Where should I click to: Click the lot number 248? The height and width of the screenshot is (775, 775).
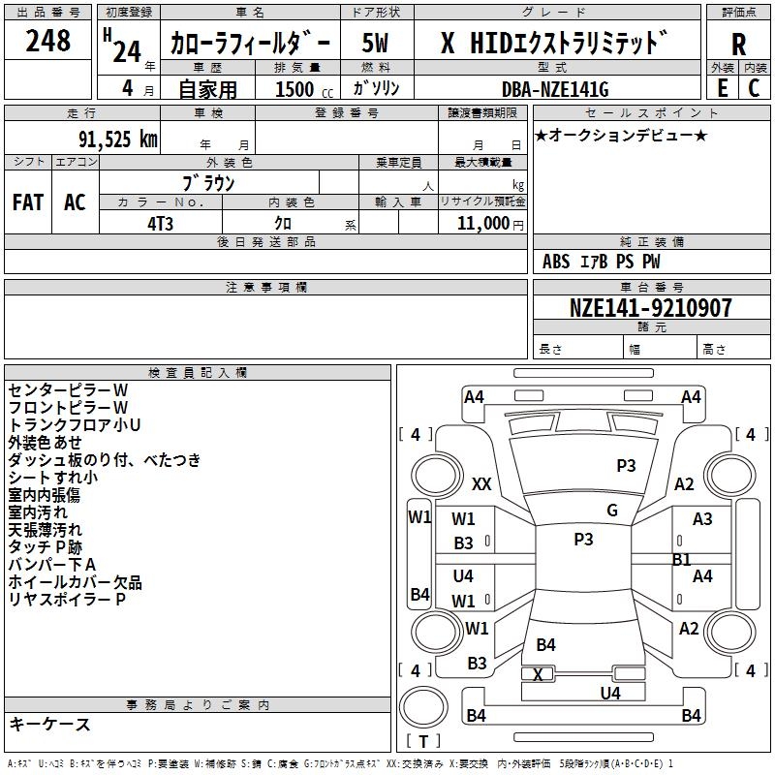47,41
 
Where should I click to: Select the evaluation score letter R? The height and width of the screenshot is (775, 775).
738,45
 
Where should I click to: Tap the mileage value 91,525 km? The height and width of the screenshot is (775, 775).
118,139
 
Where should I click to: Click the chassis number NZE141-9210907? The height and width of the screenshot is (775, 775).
650,307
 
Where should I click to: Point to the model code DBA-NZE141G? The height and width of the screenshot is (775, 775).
555,89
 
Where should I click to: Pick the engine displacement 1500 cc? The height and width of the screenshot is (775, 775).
304,89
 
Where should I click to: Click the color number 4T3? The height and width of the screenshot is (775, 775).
160,224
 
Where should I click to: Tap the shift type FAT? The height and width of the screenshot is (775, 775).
28,202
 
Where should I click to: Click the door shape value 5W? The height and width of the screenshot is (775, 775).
375,43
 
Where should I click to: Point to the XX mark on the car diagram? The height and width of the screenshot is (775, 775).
481,483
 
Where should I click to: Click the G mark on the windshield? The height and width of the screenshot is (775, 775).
612,511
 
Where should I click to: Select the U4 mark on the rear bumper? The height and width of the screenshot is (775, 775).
610,693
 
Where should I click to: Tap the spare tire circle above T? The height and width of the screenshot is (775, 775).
423,707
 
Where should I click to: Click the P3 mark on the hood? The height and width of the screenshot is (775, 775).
626,466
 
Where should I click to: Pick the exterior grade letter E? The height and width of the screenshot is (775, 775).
723,88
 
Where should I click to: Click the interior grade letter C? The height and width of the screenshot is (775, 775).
754,88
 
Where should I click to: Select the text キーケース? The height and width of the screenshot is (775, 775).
50,724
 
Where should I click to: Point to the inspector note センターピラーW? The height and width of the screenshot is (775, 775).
68,390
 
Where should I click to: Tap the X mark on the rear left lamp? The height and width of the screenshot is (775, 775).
538,674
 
